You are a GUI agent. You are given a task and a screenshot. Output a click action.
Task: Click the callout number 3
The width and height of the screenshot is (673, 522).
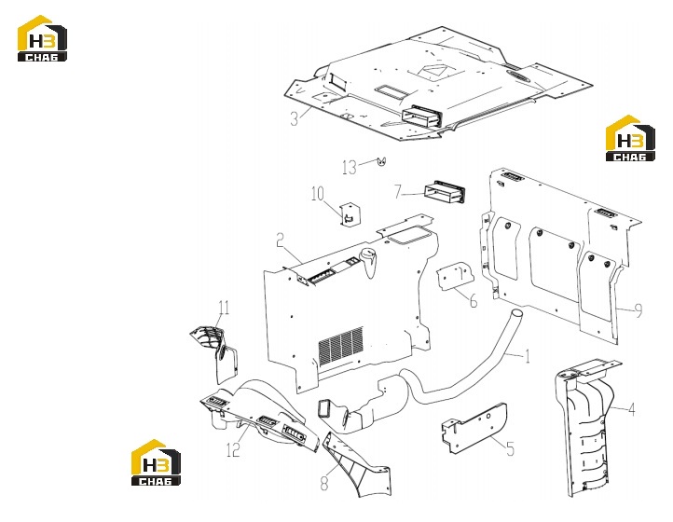pyautogui.click(x=294, y=118)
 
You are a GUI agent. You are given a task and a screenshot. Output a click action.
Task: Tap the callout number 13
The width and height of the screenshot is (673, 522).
pyautogui.click(x=350, y=167)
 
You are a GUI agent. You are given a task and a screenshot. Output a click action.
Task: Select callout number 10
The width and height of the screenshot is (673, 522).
pyautogui.click(x=318, y=194)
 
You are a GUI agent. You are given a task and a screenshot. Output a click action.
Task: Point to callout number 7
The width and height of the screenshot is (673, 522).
pyautogui.click(x=398, y=191)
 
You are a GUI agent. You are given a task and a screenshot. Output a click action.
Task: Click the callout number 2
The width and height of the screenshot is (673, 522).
pyautogui.click(x=280, y=240)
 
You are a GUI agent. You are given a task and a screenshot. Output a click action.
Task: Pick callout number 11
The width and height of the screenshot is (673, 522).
pyautogui.click(x=224, y=308)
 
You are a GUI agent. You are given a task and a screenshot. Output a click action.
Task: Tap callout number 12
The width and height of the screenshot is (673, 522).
pyautogui.click(x=233, y=450)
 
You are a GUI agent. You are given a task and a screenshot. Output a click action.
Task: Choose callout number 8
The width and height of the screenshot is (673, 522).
pyautogui.click(x=324, y=484)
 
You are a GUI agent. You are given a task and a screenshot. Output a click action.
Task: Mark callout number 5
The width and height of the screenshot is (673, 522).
pyautogui.click(x=510, y=449)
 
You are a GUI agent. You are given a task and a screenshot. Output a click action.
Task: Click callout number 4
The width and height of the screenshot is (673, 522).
pyautogui.click(x=631, y=409)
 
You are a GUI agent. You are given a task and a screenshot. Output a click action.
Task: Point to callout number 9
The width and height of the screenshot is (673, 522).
pyautogui.click(x=639, y=310)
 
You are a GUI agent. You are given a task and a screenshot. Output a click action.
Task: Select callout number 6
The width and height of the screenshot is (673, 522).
pyautogui.click(x=474, y=301)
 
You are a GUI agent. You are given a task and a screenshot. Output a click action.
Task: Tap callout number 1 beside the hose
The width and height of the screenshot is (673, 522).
pyautogui.click(x=528, y=356)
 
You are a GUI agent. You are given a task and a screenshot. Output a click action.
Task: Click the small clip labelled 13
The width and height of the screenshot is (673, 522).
pyautogui.click(x=381, y=161)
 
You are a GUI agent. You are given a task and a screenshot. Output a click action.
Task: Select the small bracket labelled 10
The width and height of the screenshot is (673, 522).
pyautogui.click(x=350, y=213)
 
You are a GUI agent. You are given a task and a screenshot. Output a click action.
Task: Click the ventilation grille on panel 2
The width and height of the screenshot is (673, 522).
pyautogui.click(x=341, y=346)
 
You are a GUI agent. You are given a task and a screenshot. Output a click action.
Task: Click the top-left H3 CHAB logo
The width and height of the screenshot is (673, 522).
pyautogui.click(x=42, y=38)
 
